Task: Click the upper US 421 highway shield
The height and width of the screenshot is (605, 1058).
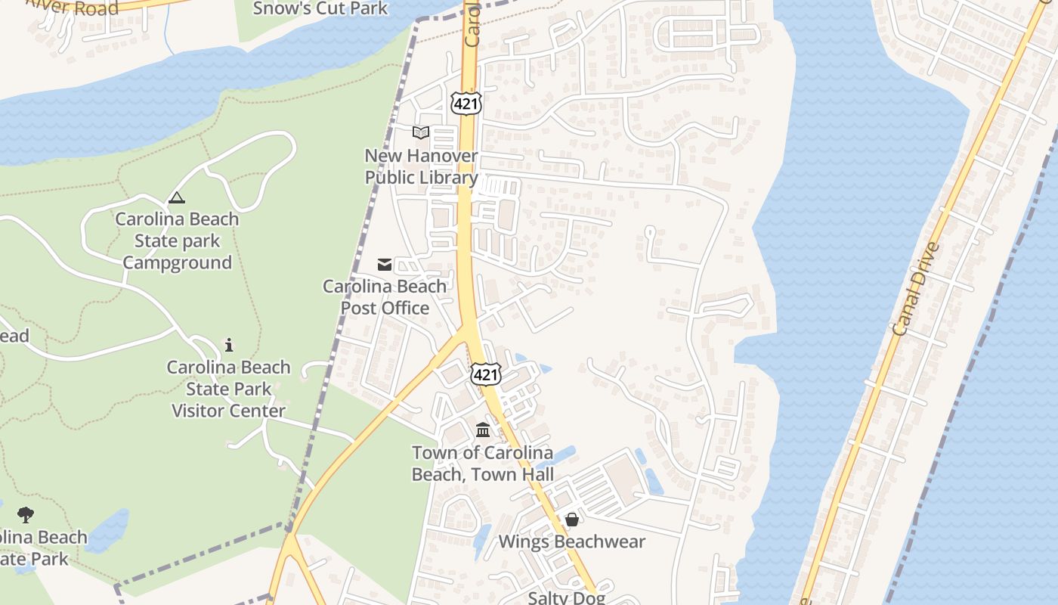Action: coord(466,103)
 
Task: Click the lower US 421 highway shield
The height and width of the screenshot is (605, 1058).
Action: coord(485,373)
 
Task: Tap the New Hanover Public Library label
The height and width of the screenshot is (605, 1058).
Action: coord(421,166)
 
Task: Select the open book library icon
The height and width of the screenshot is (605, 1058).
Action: coord(421,133)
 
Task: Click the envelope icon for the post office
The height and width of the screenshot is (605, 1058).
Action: coord(385,264)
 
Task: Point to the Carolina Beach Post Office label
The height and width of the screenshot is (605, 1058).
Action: coord(385,297)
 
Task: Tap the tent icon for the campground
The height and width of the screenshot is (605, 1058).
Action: coord(177,198)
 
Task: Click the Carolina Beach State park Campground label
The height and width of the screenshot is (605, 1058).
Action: coord(177,240)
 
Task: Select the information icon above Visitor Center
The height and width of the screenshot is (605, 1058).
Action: coord(229,345)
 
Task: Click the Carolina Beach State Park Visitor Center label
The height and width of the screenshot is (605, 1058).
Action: coord(228,389)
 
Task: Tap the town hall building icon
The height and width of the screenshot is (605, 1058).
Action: coord(483,430)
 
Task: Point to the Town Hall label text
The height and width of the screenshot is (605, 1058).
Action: coord(482,464)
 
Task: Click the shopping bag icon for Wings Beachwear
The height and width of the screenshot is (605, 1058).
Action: coord(572,520)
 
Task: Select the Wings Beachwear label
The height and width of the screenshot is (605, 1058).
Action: coord(572,541)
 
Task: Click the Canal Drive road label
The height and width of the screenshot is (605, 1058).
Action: coord(916,288)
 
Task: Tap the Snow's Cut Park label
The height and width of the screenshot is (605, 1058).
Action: coord(320,8)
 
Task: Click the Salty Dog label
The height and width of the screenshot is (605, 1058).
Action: coord(566,597)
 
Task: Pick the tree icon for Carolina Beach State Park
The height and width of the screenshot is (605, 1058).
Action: coord(26,515)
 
